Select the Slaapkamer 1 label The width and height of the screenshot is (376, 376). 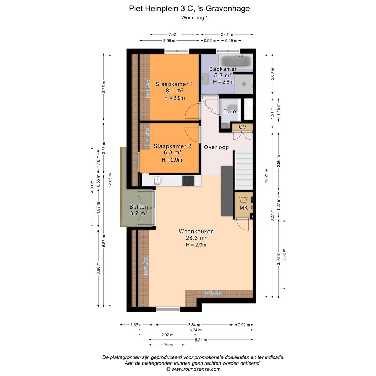[174, 84]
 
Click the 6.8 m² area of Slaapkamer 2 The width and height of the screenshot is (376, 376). [172, 152]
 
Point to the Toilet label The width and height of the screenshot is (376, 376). [230, 112]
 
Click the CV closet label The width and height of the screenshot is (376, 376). [243, 127]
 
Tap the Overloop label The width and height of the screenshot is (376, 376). [216, 147]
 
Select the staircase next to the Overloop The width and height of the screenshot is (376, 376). [244, 169]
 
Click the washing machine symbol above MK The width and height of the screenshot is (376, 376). [243, 200]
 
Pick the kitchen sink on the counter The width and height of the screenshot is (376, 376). [157, 180]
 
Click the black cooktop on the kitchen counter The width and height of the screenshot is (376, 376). [189, 180]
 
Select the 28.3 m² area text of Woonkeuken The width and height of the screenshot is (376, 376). [196, 238]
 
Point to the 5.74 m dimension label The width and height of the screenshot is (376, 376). [204, 330]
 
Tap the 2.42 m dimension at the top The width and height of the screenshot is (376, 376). [174, 34]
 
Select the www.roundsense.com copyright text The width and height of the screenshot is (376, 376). [193, 369]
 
